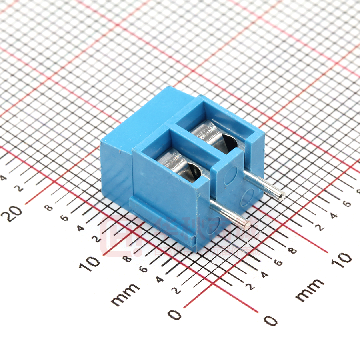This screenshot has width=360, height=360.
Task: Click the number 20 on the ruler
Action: click(x=15, y=214)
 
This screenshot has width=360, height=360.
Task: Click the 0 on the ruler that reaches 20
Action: click(x=175, y=315)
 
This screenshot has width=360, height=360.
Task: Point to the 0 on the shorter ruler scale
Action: click(x=271, y=320)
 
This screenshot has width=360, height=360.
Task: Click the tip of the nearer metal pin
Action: click(x=247, y=225)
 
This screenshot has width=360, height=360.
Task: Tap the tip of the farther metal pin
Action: click(x=281, y=196)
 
